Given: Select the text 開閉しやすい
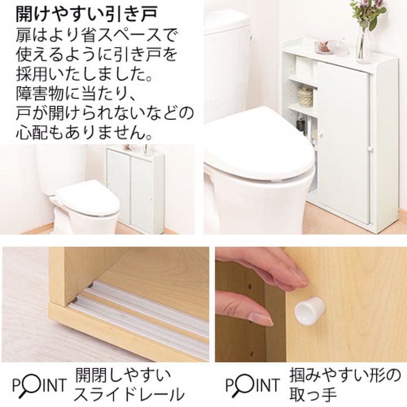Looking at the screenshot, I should [x=123, y=375].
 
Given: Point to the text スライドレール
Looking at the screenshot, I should [x=129, y=394].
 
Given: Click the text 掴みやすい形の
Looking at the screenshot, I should [x=345, y=375].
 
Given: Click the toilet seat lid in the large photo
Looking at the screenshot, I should [x=257, y=141].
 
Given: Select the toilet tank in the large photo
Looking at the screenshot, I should [x=226, y=62].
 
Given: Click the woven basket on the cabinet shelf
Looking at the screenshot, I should [x=305, y=97].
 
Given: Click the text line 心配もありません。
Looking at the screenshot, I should [x=84, y=135].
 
